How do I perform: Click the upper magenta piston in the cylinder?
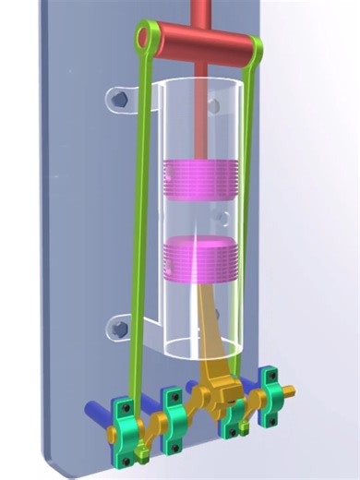198,179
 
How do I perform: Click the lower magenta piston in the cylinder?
197,259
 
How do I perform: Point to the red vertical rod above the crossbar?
201,11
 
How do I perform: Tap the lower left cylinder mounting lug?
120,326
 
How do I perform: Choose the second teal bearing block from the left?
174,420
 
